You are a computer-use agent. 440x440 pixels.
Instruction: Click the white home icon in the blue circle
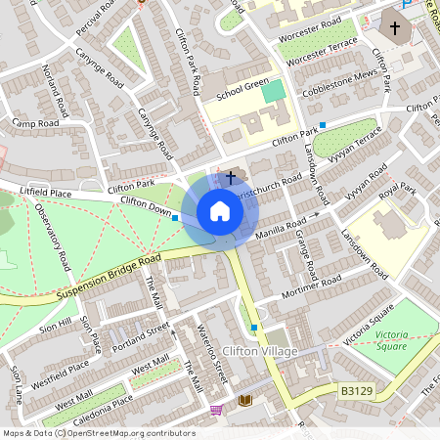pyautogui.click(x=220, y=211)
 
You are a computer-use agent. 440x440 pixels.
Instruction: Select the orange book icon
pyautogui.click(x=245, y=401)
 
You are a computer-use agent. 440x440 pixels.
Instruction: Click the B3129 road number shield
pyautogui.click(x=358, y=391)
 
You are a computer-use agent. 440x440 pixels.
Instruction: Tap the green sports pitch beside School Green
pyautogui.click(x=275, y=92)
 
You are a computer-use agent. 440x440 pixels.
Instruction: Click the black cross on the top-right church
pyautogui.click(x=395, y=28)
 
